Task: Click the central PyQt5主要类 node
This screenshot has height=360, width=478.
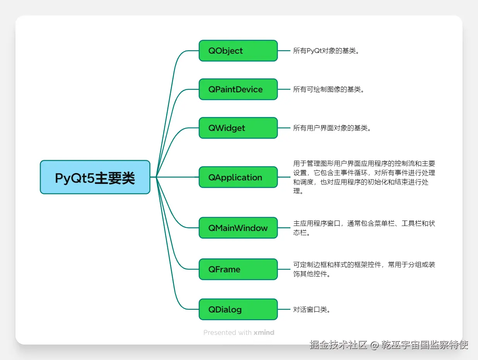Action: click(x=95, y=177)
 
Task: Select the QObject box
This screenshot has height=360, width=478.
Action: click(x=238, y=51)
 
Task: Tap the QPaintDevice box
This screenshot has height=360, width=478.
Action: click(x=238, y=89)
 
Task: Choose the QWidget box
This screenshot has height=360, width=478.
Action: click(x=238, y=128)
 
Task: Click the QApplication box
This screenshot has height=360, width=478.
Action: click(x=238, y=177)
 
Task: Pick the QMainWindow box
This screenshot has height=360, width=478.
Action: click(x=238, y=228)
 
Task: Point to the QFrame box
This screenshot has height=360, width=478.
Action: click(x=238, y=269)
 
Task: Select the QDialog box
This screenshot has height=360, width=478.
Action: click(x=238, y=309)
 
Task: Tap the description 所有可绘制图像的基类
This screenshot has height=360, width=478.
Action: click(x=328, y=89)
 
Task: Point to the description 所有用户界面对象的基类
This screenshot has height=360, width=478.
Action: click(x=332, y=128)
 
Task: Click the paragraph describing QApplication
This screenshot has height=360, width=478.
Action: click(x=364, y=177)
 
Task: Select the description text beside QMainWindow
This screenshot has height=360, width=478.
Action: click(x=364, y=228)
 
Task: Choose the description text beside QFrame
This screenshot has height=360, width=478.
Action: click(x=364, y=269)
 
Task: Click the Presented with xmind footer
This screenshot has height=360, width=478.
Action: click(x=238, y=333)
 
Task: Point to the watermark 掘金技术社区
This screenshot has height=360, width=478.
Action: click(x=338, y=345)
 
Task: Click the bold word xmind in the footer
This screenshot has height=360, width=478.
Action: click(x=264, y=333)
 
